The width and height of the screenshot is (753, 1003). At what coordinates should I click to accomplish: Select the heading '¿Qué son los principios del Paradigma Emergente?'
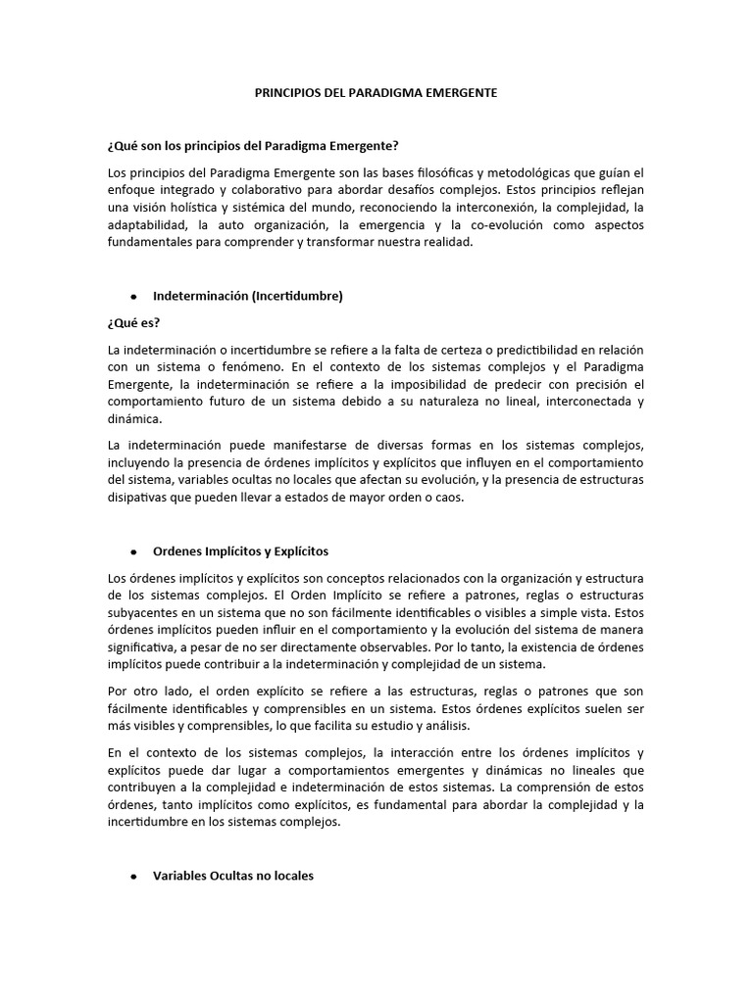tap(253, 146)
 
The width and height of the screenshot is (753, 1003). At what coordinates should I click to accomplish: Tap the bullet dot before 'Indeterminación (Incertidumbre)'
tap(132, 296)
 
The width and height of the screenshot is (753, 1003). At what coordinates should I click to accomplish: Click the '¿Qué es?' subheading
tap(133, 323)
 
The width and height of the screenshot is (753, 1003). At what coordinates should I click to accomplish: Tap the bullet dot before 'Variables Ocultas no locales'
tap(132, 876)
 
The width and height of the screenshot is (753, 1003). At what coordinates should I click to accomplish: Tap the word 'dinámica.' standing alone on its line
tap(135, 419)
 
